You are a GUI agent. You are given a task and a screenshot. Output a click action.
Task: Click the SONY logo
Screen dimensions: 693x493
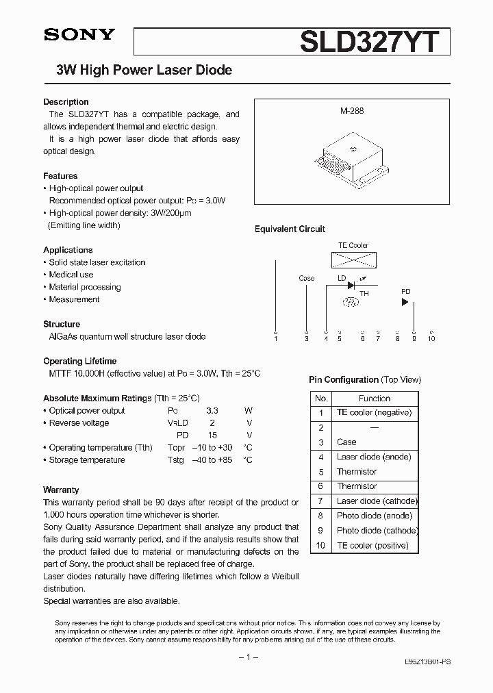coord(79,36)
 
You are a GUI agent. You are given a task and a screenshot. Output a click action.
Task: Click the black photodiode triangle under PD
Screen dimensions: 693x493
coord(405,301)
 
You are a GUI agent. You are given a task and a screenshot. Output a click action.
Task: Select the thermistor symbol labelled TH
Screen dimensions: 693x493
coord(351,301)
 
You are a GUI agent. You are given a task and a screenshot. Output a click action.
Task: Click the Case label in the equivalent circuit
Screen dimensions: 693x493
coord(307,278)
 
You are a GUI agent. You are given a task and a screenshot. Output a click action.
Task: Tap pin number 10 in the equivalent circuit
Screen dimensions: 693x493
coord(431,338)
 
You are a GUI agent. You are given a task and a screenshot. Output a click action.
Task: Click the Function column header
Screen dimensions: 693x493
coord(374,398)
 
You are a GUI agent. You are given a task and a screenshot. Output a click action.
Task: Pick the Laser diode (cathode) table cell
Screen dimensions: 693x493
coord(377,501)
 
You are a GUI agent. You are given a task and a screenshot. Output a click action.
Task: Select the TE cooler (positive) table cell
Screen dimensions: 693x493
coord(372,546)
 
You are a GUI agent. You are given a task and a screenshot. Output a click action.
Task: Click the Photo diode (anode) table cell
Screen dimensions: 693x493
coord(375,516)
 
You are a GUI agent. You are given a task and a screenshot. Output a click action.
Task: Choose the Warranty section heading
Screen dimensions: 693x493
coord(61,490)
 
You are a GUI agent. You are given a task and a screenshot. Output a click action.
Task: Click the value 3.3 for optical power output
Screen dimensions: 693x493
coord(212,411)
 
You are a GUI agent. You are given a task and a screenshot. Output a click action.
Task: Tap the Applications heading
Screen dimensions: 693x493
coord(68,250)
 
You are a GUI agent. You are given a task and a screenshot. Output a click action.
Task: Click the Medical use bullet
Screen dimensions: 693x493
coord(71,275)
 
